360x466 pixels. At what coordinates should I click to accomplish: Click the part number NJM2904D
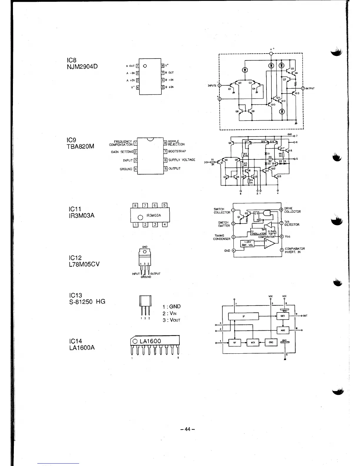click(x=82, y=66)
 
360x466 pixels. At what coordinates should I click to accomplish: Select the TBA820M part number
click(x=81, y=146)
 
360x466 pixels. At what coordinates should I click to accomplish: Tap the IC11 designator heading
click(x=74, y=209)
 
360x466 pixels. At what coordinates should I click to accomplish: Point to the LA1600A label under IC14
click(x=81, y=347)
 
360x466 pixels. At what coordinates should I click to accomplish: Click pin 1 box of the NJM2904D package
click(x=137, y=66)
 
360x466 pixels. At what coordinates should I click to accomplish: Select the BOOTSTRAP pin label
click(x=177, y=151)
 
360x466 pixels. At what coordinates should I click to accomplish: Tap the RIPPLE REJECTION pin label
click(x=176, y=143)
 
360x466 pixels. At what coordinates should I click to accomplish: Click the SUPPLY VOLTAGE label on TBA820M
click(x=181, y=160)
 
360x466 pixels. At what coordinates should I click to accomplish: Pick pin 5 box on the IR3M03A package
click(x=165, y=205)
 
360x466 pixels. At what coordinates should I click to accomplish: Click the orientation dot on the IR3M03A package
click(x=140, y=218)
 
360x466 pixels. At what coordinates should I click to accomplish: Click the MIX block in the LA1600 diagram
click(x=253, y=343)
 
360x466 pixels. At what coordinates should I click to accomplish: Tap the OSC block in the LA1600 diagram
click(x=271, y=342)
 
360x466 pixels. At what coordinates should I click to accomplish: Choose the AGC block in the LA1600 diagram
click(x=283, y=330)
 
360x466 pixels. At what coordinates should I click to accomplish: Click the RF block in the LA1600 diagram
click(x=234, y=343)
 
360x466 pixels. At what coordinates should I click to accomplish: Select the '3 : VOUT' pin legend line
click(x=171, y=320)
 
